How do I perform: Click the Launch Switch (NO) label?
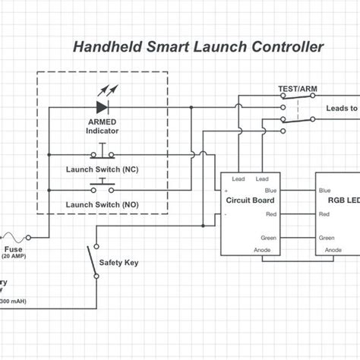tap(102, 204)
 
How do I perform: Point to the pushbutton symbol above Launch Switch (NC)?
tap(102, 154)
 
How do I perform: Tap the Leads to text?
tap(341, 109)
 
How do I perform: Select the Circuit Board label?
tap(250, 201)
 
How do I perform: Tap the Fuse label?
tap(13, 248)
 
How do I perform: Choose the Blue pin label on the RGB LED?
tap(325, 191)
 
